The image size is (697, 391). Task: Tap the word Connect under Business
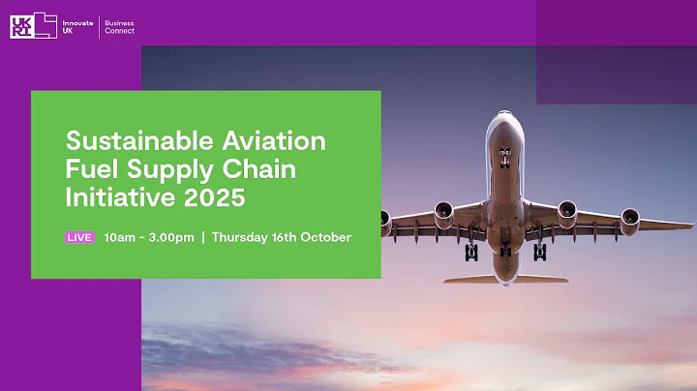(x=120, y=31)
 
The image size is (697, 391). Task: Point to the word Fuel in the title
(x=88, y=170)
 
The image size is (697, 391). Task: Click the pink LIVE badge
(x=79, y=237)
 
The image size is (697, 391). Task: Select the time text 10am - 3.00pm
(x=149, y=237)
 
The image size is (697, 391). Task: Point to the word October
(x=325, y=237)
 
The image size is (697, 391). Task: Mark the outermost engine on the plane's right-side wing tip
(x=629, y=218)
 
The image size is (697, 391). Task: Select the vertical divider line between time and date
(x=203, y=237)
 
